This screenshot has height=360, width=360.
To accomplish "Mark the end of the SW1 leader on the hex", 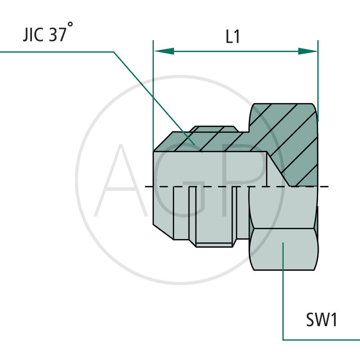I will pos(283,243).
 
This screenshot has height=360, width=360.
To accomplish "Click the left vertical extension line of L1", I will pos(153,90).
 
